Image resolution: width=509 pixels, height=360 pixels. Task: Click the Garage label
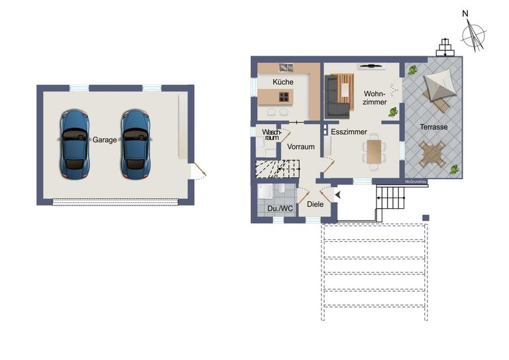(x=105, y=140)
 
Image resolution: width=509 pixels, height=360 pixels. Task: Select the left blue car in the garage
(x=74, y=145)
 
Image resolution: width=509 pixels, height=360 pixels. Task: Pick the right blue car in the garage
(x=135, y=145)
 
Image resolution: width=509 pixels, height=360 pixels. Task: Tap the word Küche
(x=283, y=82)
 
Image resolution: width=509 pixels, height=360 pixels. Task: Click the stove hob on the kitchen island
(x=284, y=97)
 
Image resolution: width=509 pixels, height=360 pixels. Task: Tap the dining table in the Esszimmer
(x=375, y=151)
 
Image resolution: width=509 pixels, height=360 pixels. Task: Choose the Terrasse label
(x=433, y=127)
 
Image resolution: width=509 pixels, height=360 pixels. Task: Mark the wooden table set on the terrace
(x=433, y=154)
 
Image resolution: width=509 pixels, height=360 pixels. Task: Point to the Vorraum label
(x=300, y=147)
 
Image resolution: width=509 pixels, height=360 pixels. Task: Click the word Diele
(x=315, y=204)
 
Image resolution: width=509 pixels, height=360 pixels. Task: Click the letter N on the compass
(x=466, y=13)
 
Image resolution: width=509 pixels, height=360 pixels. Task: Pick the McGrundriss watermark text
(x=416, y=181)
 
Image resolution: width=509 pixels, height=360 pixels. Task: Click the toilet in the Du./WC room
(x=281, y=190)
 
